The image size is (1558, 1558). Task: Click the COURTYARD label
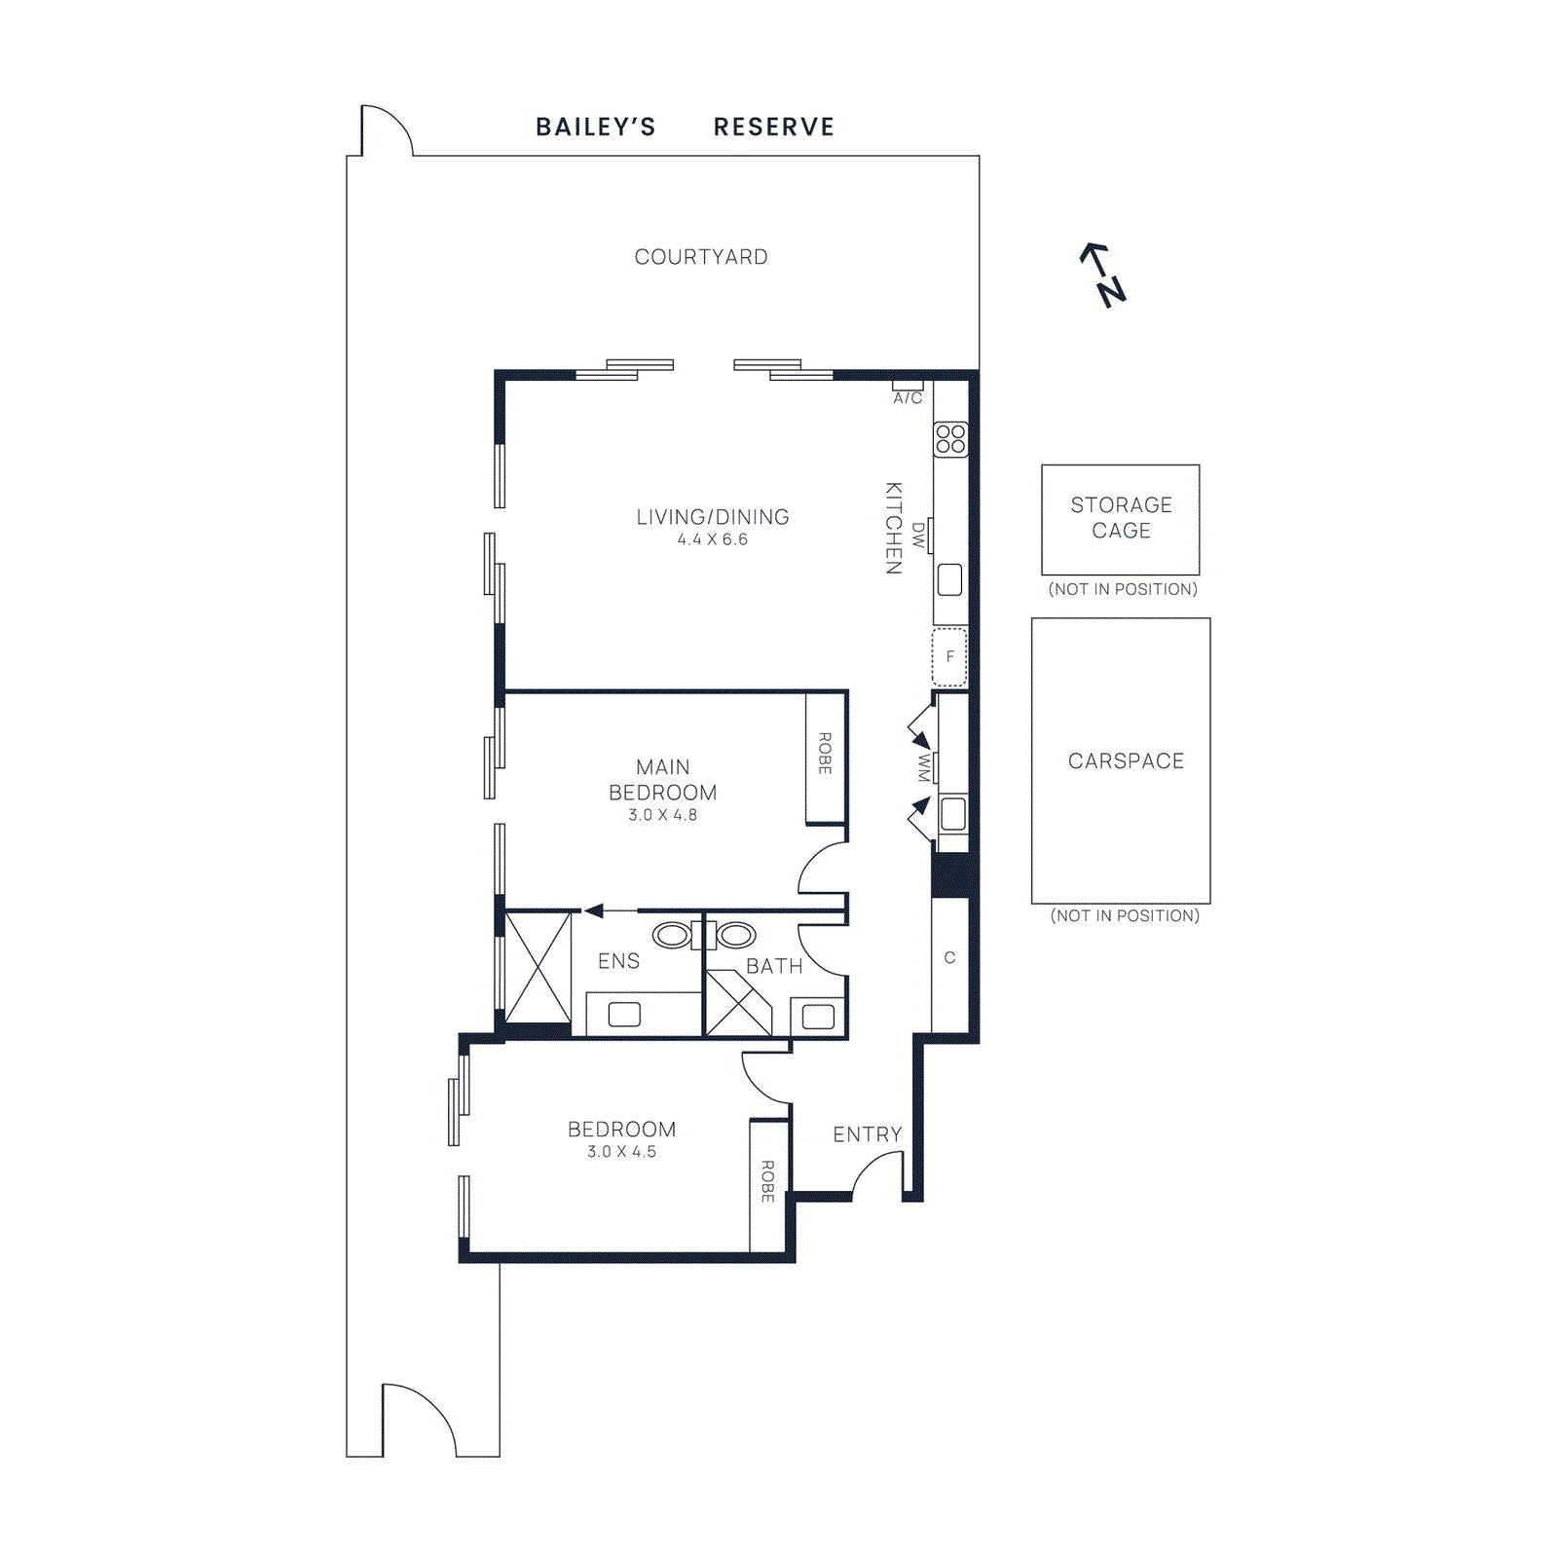pyautogui.click(x=701, y=257)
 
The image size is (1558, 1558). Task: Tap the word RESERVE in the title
pyautogui.click(x=774, y=128)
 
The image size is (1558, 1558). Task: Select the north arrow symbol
pyautogui.click(x=1103, y=275)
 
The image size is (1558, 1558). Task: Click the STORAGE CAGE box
pyautogui.click(x=1120, y=519)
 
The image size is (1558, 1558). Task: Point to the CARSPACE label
pyautogui.click(x=1126, y=760)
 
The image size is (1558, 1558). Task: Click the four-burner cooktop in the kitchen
pyautogui.click(x=950, y=439)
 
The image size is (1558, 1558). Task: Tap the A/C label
pyautogui.click(x=908, y=398)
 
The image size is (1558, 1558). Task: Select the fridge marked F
pyautogui.click(x=949, y=657)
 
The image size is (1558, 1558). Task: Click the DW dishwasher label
pyautogui.click(x=918, y=535)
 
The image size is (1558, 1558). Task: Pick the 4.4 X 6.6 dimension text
pyautogui.click(x=713, y=539)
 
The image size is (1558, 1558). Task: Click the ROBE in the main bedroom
pyautogui.click(x=825, y=754)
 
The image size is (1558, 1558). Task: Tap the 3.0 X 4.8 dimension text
pyautogui.click(x=662, y=815)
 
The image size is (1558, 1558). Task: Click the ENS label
pyautogui.click(x=618, y=961)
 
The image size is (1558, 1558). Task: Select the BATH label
pyautogui.click(x=774, y=966)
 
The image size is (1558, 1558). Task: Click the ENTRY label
pyautogui.click(x=867, y=1134)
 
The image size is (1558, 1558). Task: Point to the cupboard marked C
pyautogui.click(x=949, y=958)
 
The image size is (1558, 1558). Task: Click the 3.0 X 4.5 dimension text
pyautogui.click(x=621, y=1152)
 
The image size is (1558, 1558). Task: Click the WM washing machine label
pyautogui.click(x=924, y=767)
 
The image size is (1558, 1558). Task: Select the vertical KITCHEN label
pyautogui.click(x=894, y=528)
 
